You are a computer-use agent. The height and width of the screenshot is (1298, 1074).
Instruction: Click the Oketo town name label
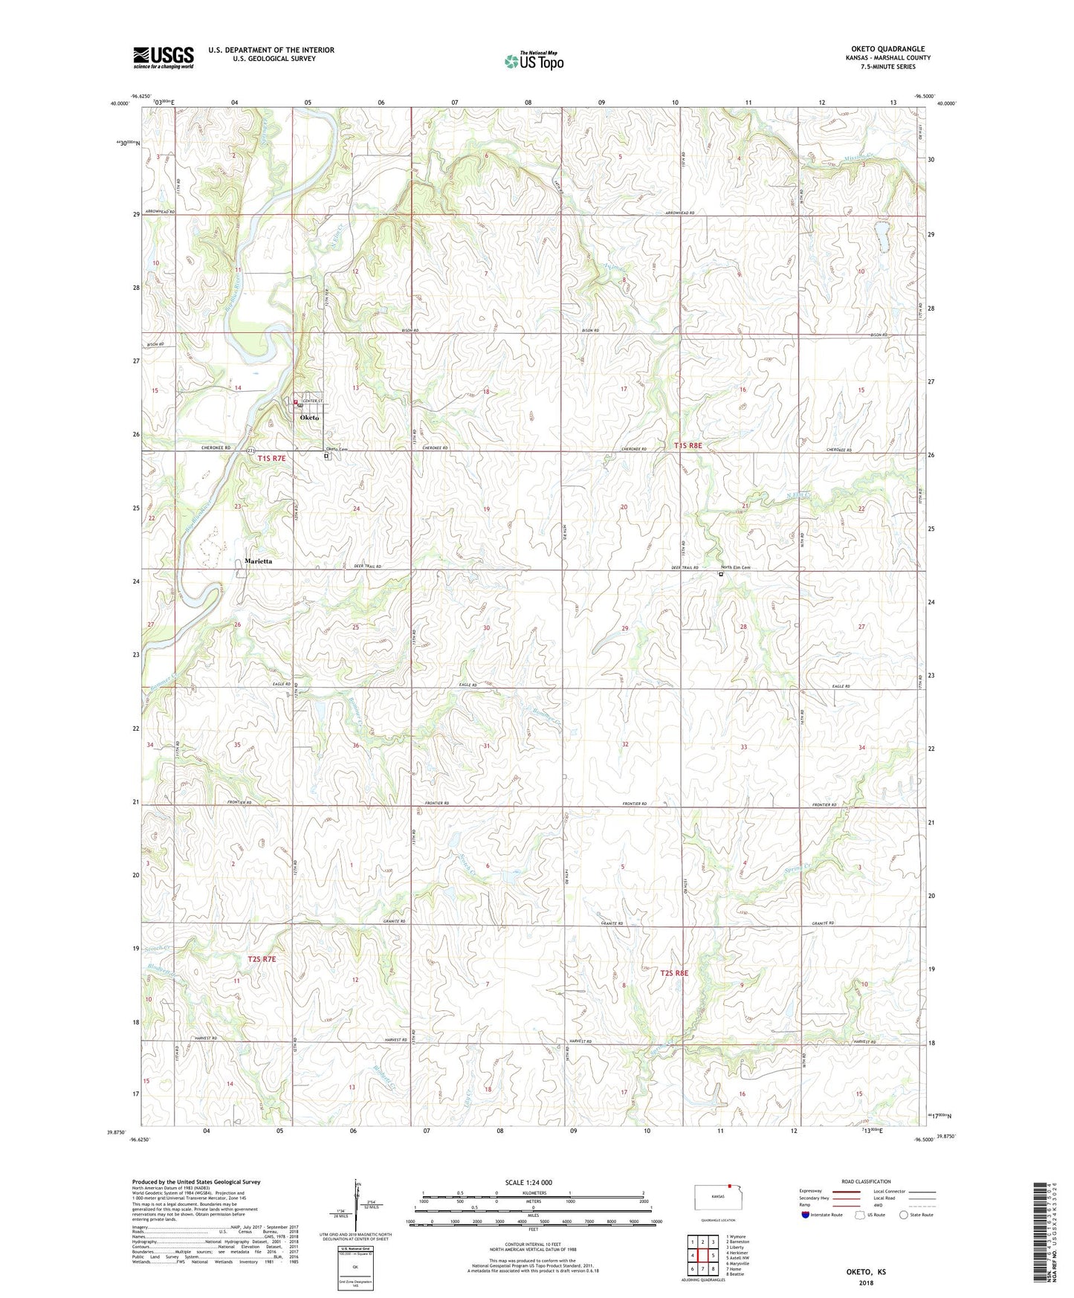pos(309,418)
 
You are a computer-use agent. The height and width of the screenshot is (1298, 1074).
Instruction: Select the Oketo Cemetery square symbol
pos(326,457)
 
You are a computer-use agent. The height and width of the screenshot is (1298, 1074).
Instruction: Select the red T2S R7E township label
pos(262,959)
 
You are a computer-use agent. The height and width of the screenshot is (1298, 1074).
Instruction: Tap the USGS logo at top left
pos(164,56)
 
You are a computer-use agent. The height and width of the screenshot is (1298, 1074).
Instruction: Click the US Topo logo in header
pos(533,61)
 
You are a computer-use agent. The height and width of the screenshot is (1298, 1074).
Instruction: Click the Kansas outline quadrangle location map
pos(713,1197)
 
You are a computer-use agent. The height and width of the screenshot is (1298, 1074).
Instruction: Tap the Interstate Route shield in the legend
pos(806,1215)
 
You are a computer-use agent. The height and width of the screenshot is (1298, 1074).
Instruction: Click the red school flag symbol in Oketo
pos(296,403)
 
